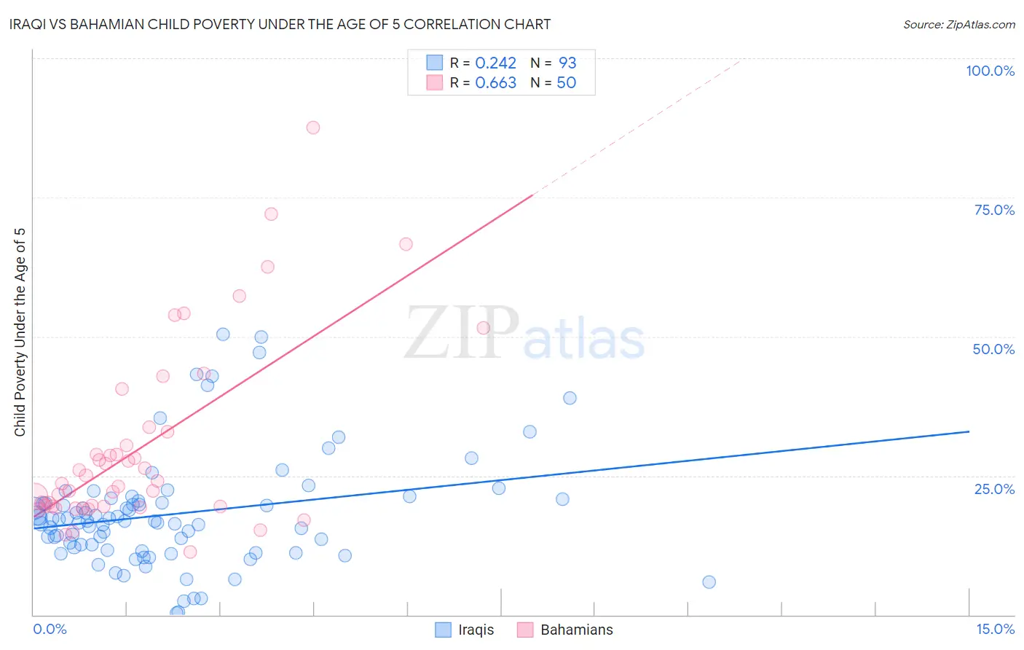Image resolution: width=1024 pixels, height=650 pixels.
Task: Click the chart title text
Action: pos(280,24)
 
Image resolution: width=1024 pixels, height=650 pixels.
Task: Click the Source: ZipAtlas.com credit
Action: pos(958,24)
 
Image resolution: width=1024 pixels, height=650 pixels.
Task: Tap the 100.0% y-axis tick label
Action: pos(990,71)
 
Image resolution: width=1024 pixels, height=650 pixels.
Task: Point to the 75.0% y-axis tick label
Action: pos(994,210)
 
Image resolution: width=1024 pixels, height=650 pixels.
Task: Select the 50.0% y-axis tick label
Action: pos(993,349)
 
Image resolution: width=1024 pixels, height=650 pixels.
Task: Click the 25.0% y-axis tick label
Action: pos(994,489)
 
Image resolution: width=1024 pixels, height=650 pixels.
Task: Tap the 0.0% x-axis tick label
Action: pos(50,629)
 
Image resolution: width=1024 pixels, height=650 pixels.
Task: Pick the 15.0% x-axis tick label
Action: pos(995,629)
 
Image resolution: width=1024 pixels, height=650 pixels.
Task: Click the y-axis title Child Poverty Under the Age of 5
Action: pos(20,332)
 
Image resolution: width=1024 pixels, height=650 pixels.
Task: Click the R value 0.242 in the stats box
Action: pos(495,63)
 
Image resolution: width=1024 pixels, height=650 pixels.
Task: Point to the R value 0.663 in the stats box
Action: pos(495,83)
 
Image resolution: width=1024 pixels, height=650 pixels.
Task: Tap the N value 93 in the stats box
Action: pos(567,63)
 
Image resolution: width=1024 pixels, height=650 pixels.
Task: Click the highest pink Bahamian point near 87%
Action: pos(313,128)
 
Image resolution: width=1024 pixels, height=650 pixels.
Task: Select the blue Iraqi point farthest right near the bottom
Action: pos(709,582)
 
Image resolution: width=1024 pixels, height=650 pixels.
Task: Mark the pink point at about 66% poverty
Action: pos(406,244)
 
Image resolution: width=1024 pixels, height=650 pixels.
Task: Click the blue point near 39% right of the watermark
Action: pos(570,398)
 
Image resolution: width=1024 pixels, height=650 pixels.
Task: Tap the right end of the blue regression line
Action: pos(969,431)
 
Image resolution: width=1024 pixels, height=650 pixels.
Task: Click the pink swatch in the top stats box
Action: pos(435,82)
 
